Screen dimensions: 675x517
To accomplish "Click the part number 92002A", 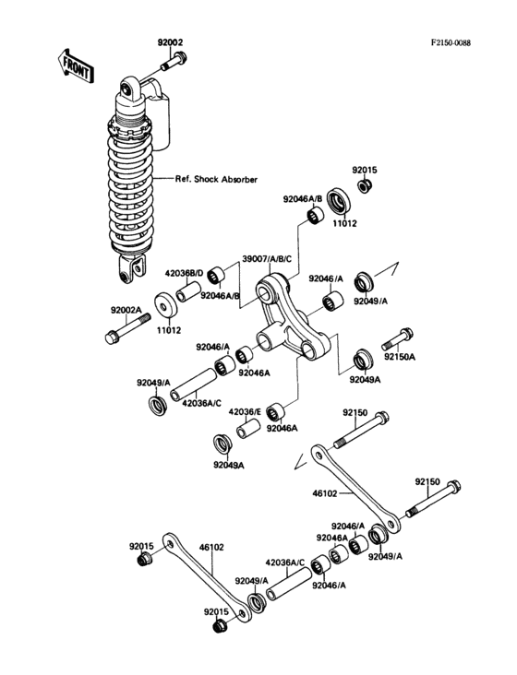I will coord(126,313).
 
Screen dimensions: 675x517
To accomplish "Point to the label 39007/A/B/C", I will coord(268,261).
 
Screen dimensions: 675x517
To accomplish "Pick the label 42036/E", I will coord(245,410).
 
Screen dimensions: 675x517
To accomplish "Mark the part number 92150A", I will coord(400,355).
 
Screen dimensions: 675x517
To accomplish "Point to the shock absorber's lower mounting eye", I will coord(129,268).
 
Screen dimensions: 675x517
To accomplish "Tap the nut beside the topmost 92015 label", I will coord(365,186).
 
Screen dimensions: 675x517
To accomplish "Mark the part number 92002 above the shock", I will coord(169,42).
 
